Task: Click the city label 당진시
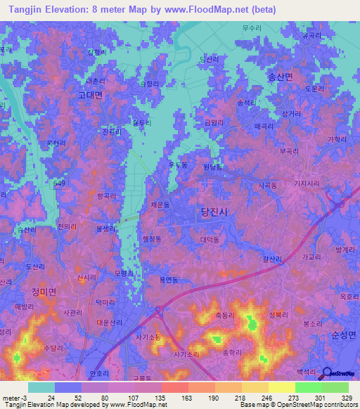click(214, 211)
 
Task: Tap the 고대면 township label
click(90, 94)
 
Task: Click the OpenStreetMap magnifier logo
click(328, 373)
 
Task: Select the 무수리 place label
click(251, 29)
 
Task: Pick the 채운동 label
click(160, 204)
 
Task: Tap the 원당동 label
click(212, 167)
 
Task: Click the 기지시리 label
click(306, 183)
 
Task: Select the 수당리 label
click(54, 348)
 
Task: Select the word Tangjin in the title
click(22, 9)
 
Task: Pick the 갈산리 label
click(272, 259)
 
